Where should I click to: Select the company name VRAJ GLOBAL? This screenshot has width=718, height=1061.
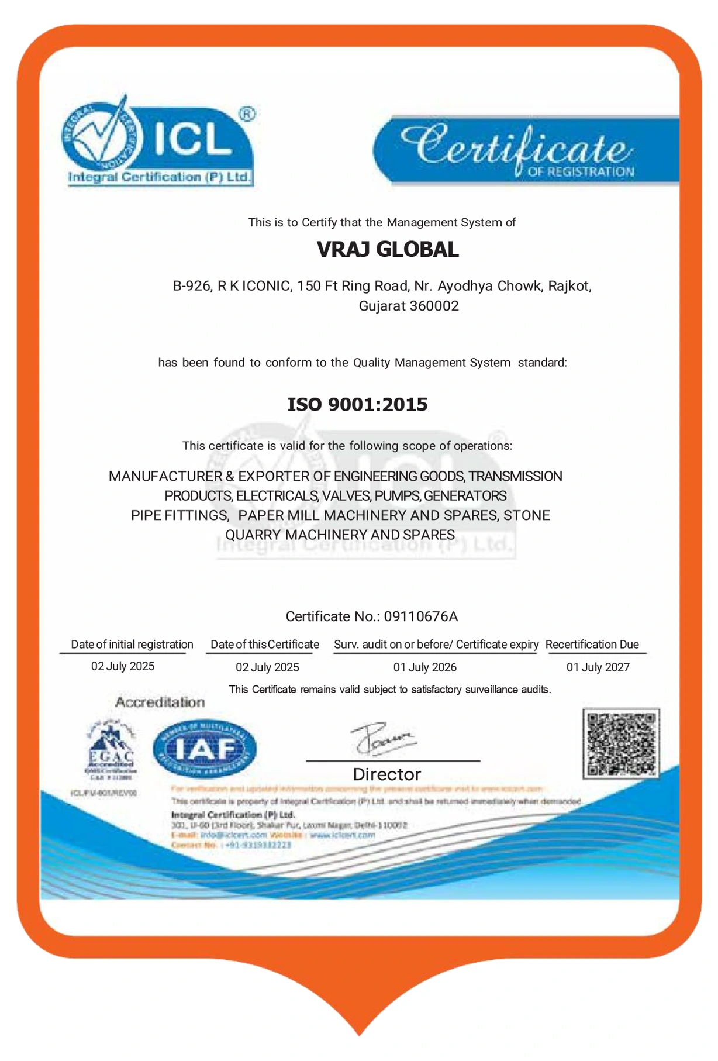pos(388,250)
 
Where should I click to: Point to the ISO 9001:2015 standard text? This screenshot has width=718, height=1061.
pos(357,404)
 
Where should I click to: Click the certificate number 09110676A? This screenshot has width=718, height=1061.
pos(420,616)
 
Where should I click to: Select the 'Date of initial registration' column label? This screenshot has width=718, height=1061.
pos(132,645)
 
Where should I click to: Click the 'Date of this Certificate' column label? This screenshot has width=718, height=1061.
pos(265,645)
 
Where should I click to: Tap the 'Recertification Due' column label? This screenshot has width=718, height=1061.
pos(592,645)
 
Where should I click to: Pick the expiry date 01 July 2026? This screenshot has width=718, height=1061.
pos(424,667)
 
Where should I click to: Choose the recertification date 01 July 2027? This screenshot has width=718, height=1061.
pos(598,667)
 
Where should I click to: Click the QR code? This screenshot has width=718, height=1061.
pos(621,743)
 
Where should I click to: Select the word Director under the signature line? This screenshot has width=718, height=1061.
pos(386,774)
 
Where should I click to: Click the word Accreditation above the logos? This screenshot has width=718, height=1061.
pos(160,702)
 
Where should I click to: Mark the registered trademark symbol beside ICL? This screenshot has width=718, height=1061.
pos(247,114)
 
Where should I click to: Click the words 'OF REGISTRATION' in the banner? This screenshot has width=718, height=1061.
pos(581,172)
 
